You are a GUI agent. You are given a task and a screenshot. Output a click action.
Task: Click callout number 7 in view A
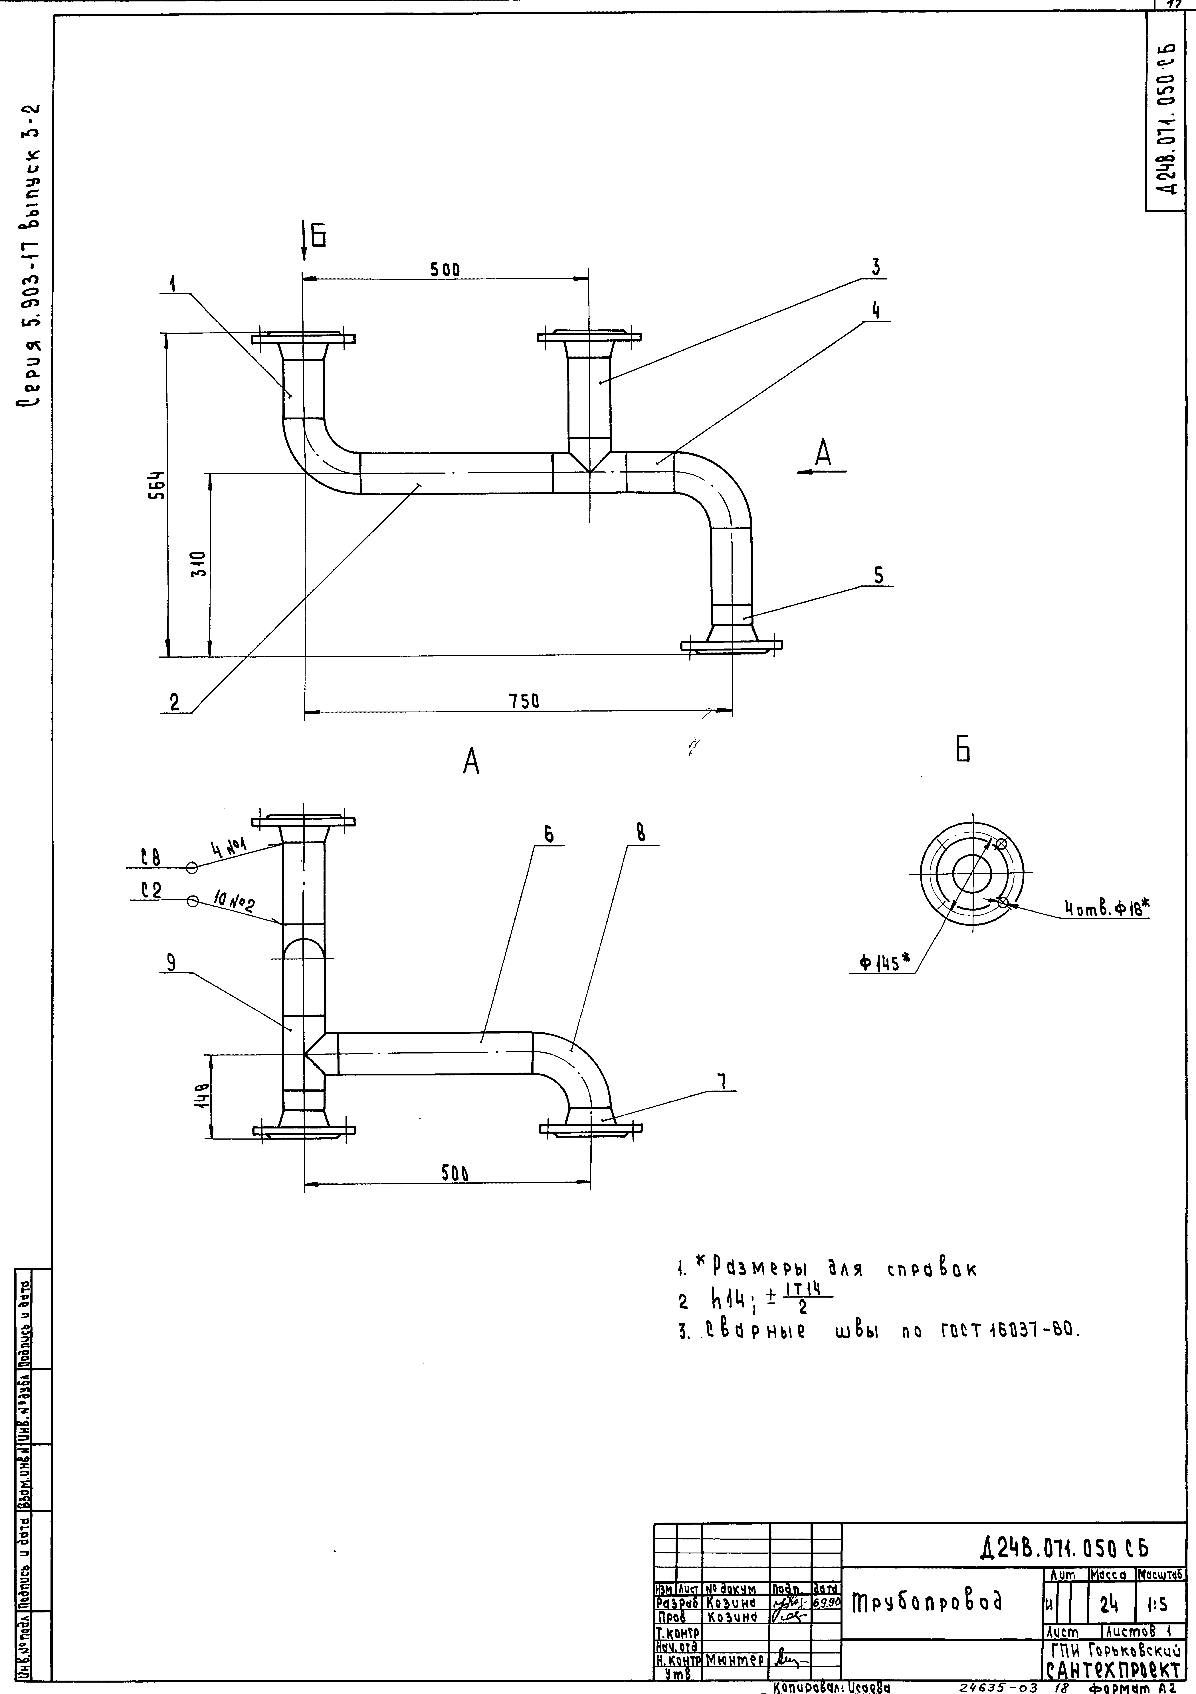click(x=722, y=1082)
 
